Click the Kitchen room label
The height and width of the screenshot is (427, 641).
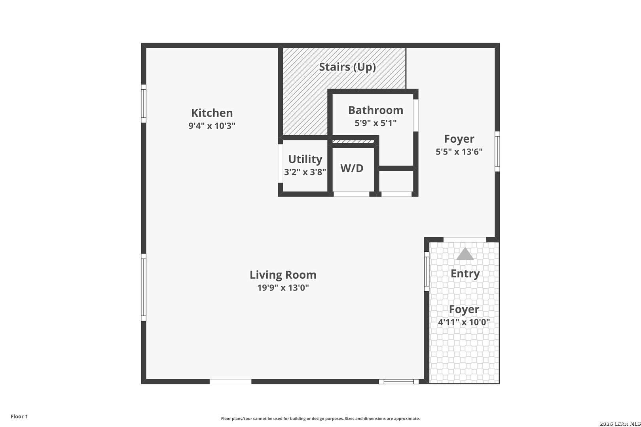tap(212, 113)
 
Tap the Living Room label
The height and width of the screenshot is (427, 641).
tap(283, 275)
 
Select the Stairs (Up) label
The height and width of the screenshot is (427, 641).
tap(347, 67)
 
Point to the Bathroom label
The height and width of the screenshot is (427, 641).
tap(375, 110)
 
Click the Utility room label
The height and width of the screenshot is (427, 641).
tap(305, 159)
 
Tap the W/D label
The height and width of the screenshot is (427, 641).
tap(352, 168)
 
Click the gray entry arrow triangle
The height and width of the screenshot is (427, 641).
tap(465, 254)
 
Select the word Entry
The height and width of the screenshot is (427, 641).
tap(465, 274)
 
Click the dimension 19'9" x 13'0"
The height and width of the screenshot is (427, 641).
tap(283, 287)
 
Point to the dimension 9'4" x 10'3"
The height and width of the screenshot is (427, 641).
tap(212, 126)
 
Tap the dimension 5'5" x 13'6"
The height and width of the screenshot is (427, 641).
tap(459, 151)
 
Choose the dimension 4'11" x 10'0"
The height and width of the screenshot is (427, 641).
tap(464, 322)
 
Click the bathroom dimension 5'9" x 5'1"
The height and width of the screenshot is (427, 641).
tap(375, 123)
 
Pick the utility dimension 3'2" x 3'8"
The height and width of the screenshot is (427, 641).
tap(305, 172)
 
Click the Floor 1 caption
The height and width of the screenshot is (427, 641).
tap(19, 416)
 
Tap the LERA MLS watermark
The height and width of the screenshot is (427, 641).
tap(620, 424)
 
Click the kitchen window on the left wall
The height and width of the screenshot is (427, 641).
tap(144, 104)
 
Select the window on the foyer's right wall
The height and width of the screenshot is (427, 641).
tap(497, 151)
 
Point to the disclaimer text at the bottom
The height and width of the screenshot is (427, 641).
tap(320, 418)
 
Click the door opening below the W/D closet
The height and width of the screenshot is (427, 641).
tap(351, 194)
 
